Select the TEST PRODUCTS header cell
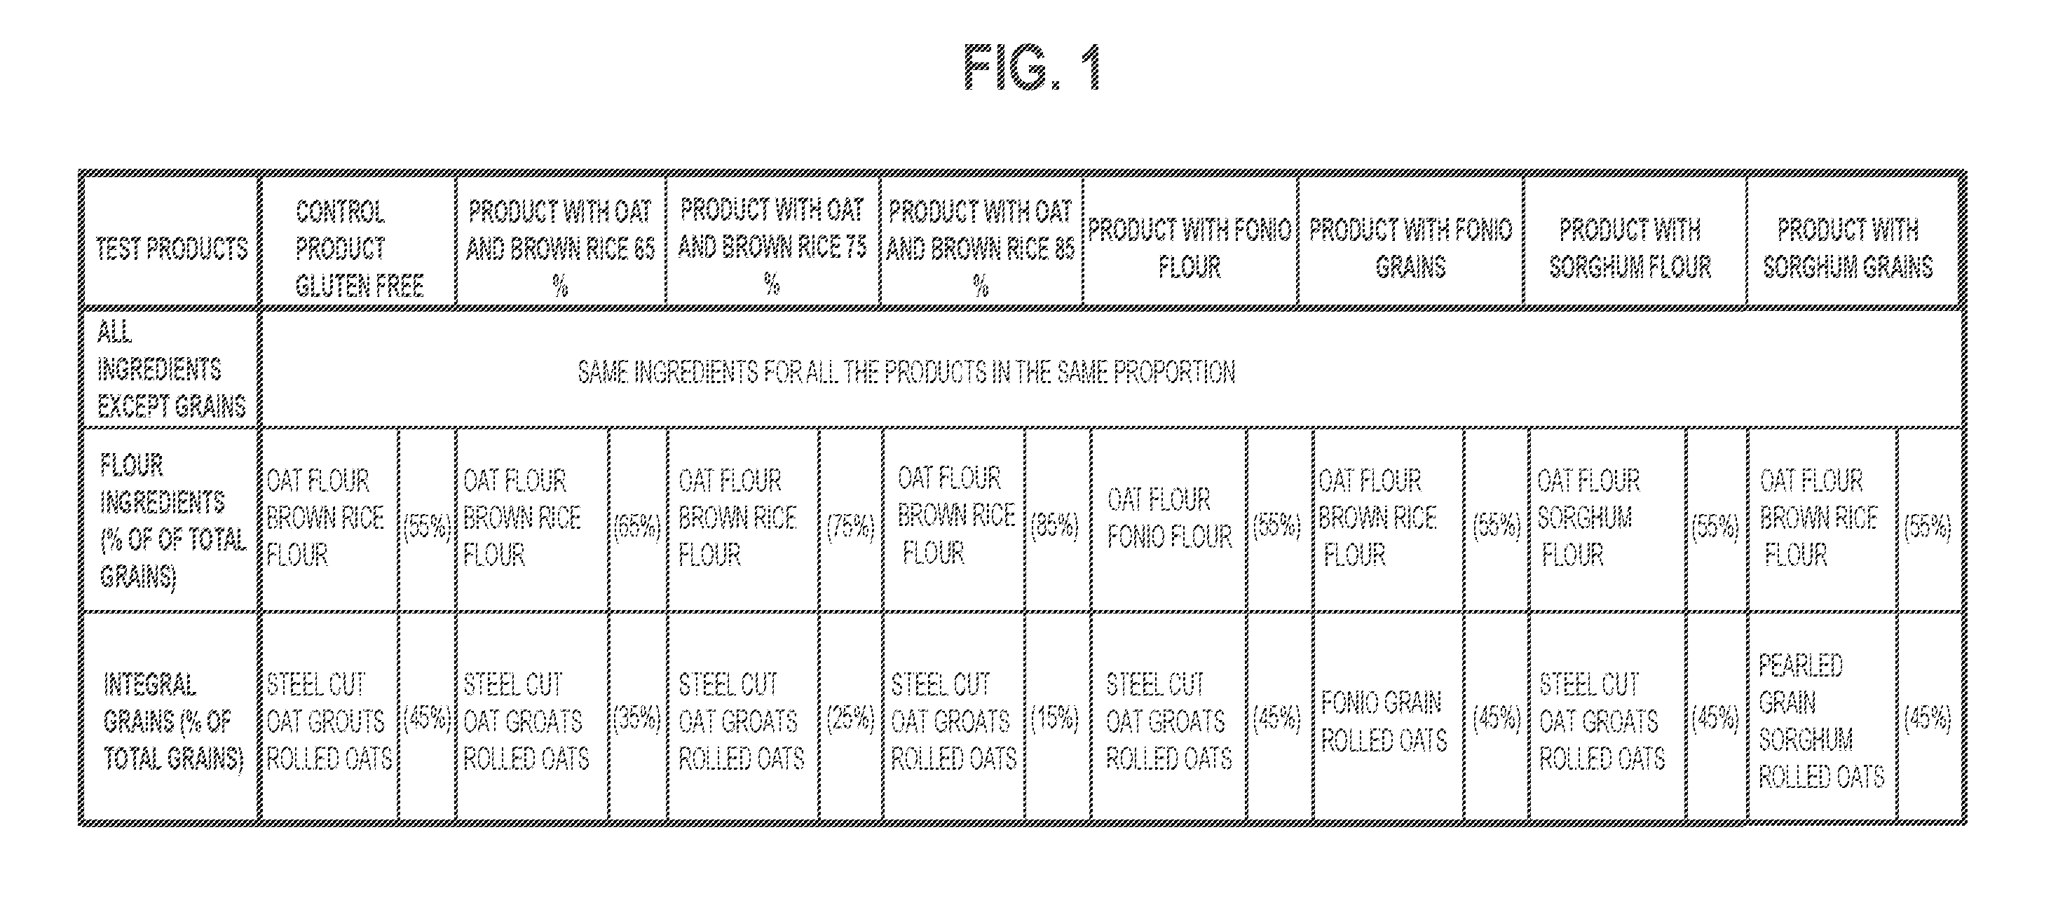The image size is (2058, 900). tap(171, 249)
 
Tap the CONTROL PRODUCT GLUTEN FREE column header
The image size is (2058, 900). tap(359, 249)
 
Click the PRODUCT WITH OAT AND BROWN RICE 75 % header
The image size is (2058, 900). tap(772, 247)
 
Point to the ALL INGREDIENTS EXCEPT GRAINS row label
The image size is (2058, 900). tap(171, 369)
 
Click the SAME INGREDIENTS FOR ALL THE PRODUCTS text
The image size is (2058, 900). tap(906, 372)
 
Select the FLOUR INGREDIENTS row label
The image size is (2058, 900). tap(172, 520)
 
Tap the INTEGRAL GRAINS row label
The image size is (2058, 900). tap(172, 721)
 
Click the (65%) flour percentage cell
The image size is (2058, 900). tap(636, 525)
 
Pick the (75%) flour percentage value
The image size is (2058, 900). tap(850, 525)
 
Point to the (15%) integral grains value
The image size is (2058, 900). tap(1054, 718)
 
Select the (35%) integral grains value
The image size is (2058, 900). tap(636, 718)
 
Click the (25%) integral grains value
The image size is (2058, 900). tap(850, 718)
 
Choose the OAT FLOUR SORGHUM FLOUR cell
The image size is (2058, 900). tap(1588, 518)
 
